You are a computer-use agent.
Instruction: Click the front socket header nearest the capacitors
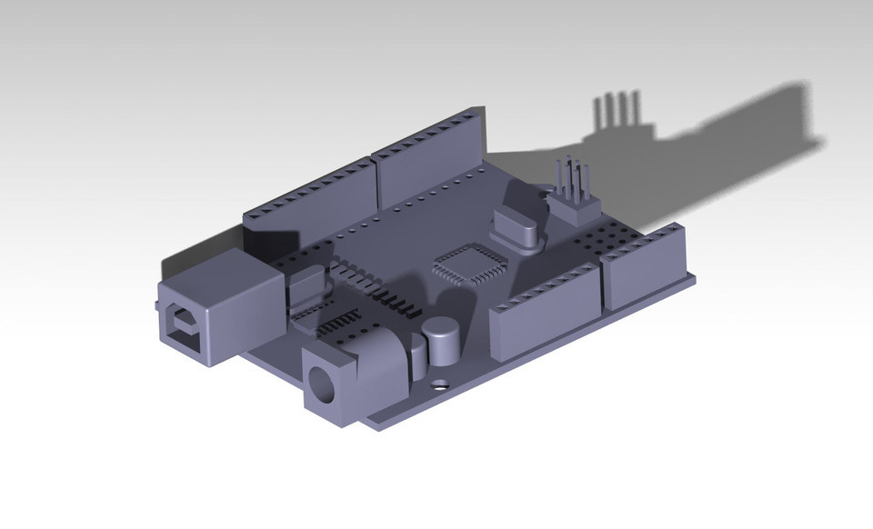coord(544,309)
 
